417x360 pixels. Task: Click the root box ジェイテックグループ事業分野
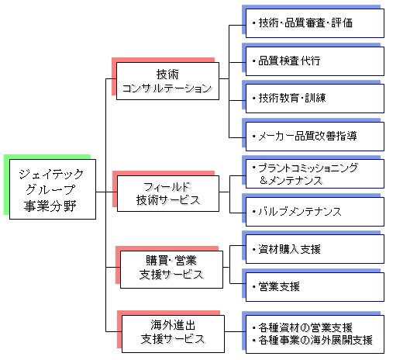(x=53, y=189)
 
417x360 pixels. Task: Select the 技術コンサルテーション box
(x=168, y=81)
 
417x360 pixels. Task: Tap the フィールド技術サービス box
(x=168, y=194)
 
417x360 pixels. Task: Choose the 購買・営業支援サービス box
(x=171, y=269)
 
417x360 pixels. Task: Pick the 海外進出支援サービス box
(x=173, y=334)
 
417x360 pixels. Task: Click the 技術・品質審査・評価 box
(x=315, y=23)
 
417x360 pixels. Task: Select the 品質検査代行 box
(x=315, y=61)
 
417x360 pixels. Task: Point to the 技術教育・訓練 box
(x=315, y=99)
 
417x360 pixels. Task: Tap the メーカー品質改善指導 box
(x=315, y=137)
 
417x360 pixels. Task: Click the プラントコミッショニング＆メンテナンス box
(x=315, y=174)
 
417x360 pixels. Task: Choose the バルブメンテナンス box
(x=315, y=212)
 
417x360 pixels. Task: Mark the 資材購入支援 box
(x=315, y=249)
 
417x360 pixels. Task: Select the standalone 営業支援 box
(x=315, y=287)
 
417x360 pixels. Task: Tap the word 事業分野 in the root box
(x=50, y=206)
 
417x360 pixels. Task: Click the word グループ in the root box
(x=50, y=189)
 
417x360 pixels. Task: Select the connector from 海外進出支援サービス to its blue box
(x=235, y=332)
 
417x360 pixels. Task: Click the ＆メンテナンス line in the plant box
(x=291, y=181)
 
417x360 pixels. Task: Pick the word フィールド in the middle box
(x=167, y=187)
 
